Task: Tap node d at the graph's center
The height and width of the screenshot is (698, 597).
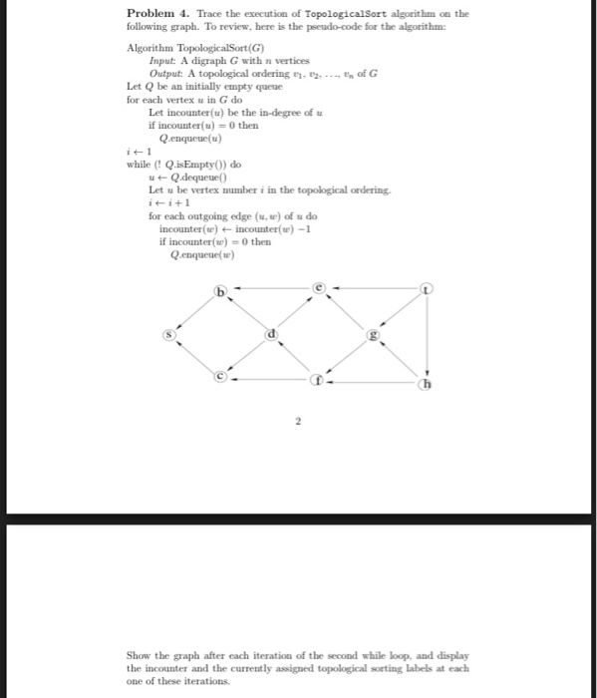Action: [269, 336]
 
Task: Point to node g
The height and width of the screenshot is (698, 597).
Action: [374, 336]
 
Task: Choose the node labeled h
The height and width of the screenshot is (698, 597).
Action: [427, 384]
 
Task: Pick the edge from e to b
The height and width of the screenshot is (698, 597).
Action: [269, 290]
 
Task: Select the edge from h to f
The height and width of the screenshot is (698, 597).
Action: [374, 382]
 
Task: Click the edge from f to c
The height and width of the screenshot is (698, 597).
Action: [270, 380]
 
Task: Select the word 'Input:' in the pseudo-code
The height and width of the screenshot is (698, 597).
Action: [162, 61]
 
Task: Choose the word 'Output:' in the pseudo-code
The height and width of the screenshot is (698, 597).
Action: [166, 74]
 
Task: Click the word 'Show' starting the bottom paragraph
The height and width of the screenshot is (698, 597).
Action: [139, 655]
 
